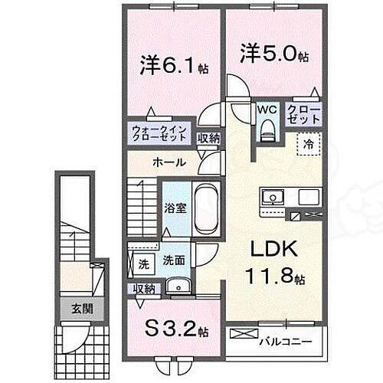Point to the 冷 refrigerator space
309,143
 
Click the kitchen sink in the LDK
272,198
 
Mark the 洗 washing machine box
143,264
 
